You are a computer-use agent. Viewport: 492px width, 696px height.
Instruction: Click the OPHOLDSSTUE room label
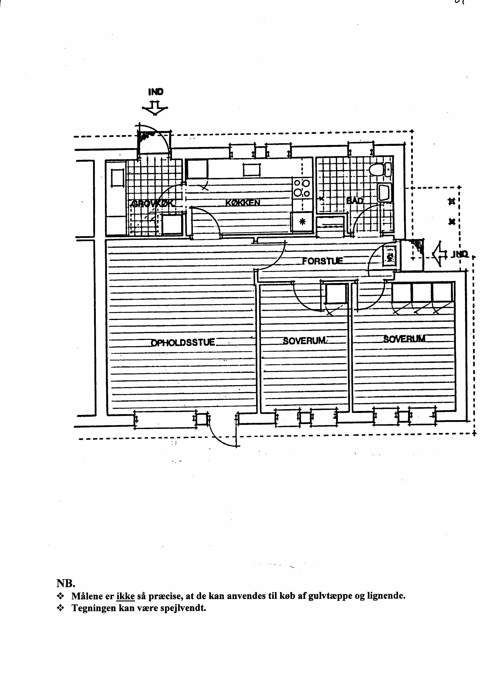pyautogui.click(x=183, y=343)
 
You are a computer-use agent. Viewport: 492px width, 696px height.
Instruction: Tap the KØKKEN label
pyautogui.click(x=243, y=202)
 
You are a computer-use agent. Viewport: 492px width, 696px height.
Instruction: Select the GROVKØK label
pyautogui.click(x=152, y=203)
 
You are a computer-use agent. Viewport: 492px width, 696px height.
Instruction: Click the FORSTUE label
pyautogui.click(x=323, y=261)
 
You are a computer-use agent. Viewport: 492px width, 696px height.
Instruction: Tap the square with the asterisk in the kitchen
pyautogui.click(x=301, y=222)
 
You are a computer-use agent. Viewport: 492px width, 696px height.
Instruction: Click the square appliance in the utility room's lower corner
pyautogui.click(x=172, y=224)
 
